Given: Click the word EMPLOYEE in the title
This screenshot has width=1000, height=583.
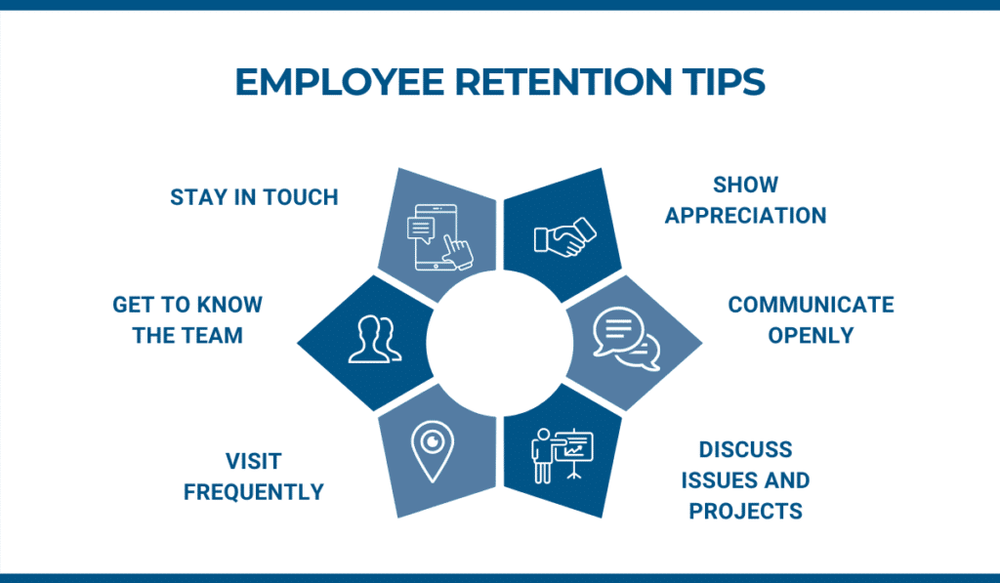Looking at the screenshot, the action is pos(339,82).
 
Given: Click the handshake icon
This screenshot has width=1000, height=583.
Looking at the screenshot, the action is pos(565,237).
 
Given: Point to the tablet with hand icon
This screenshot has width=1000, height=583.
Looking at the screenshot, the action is pos(439,237).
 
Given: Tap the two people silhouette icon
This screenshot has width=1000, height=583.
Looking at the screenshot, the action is pos(375,339).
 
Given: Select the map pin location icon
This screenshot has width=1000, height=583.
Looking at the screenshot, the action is pos(433,451).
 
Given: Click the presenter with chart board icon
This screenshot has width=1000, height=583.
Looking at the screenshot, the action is pos(562,455).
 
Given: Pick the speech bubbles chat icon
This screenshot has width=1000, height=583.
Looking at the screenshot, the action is pos(626,339).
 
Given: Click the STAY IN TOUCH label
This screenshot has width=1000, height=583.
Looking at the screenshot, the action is pos(254,197).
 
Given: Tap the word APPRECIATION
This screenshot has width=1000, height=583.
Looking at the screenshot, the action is pos(745,216).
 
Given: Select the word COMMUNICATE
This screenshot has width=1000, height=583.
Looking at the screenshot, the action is pos(811,305).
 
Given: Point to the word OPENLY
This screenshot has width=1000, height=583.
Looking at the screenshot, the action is pos(811,336).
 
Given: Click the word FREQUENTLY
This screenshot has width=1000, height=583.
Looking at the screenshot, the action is pos(254,492).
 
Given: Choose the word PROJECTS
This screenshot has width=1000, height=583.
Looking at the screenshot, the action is pos(745,511).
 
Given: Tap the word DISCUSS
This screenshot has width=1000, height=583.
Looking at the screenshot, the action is pos(745,449).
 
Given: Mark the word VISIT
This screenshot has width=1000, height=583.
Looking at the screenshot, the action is pos(254,461).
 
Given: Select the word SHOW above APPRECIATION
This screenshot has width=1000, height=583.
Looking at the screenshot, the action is pos(745,185).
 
